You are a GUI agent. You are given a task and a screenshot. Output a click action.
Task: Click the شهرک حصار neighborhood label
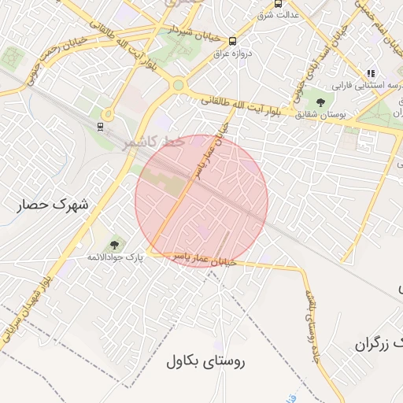(x=52, y=205)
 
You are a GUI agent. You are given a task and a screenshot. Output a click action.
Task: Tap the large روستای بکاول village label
(x=207, y=361)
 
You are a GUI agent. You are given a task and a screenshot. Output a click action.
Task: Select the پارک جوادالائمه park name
(x=116, y=257)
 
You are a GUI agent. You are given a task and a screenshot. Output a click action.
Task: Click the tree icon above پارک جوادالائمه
(x=116, y=245)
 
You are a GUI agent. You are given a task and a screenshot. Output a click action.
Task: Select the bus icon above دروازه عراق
(x=231, y=41)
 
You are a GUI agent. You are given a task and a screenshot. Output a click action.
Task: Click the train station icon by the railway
(x=100, y=126)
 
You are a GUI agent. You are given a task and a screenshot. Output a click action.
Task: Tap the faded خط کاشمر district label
(x=153, y=142)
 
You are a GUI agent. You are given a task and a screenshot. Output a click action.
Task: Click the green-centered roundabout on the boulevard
(x=178, y=85)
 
